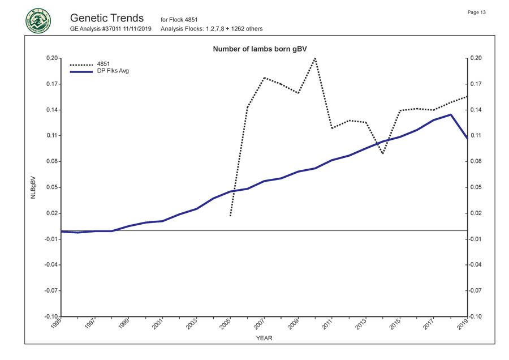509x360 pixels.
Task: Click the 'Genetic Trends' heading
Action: click(x=107, y=18)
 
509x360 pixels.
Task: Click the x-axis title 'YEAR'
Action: click(x=264, y=338)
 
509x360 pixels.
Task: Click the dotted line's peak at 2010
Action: click(x=315, y=58)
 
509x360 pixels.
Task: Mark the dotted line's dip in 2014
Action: click(x=383, y=153)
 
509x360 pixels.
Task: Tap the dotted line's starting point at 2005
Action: click(x=230, y=216)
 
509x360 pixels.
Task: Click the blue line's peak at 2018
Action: click(x=450, y=115)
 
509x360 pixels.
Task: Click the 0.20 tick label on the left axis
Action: click(x=51, y=58)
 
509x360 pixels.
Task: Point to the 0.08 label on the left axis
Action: click(x=51, y=161)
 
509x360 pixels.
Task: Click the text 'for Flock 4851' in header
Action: click(x=179, y=20)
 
